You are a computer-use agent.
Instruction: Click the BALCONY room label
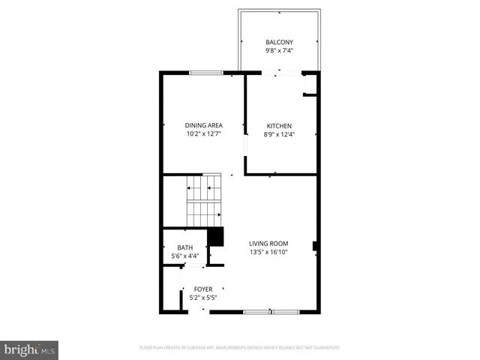click(279, 42)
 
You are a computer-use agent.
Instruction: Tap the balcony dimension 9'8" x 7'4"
click(279, 51)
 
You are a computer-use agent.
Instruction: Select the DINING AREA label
click(204, 125)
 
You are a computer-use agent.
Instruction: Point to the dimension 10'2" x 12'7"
click(204, 134)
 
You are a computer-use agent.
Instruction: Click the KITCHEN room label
click(279, 125)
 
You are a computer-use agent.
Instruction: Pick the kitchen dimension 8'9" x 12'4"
click(279, 134)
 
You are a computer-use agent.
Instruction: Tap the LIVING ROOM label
click(268, 243)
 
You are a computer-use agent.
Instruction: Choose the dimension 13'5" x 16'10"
click(268, 252)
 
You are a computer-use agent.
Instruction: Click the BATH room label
click(184, 247)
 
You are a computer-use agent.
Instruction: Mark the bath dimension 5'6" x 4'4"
click(184, 256)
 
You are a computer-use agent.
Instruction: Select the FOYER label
click(202, 289)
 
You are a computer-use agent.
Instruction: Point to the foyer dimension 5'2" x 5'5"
click(202, 298)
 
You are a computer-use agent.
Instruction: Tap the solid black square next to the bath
click(216, 237)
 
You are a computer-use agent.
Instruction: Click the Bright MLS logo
click(29, 349)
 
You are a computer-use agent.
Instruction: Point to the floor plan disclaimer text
click(239, 348)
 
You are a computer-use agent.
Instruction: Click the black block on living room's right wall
click(315, 245)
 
